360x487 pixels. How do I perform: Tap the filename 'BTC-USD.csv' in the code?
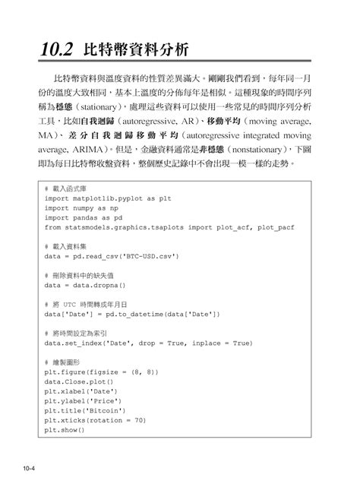click(x=150, y=256)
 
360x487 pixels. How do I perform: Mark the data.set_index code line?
click(x=148, y=343)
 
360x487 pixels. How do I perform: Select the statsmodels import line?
click(x=162, y=226)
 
